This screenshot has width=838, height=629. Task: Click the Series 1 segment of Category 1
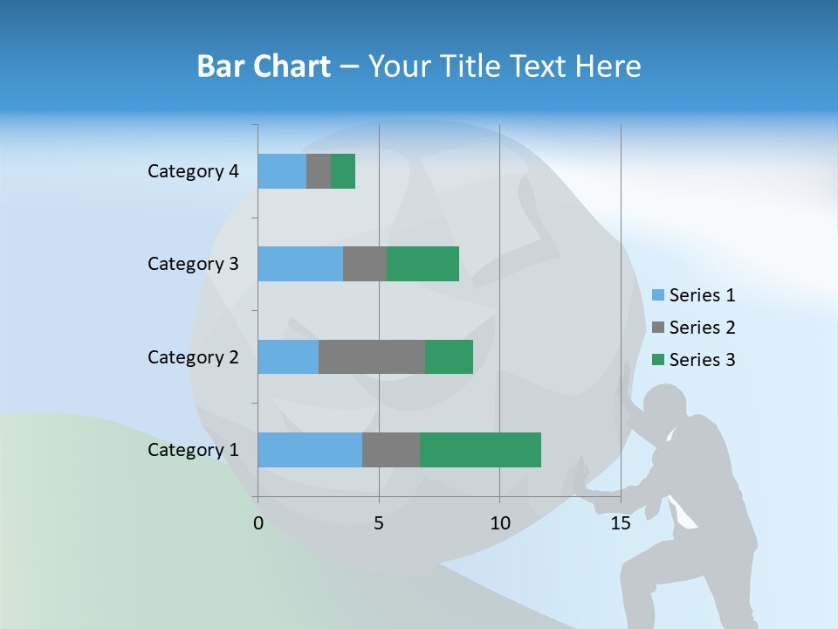pos(310,450)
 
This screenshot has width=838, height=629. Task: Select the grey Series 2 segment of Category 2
pos(372,356)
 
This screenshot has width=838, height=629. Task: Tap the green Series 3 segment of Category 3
pos(422,264)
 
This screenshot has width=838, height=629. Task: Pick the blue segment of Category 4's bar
pos(282,171)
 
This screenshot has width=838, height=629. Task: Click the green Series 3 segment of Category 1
pos(480,450)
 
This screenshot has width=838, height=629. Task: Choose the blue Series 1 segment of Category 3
pos(300,264)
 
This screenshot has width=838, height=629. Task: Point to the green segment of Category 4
pos(343,171)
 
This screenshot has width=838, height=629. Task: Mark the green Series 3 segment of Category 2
pos(449,356)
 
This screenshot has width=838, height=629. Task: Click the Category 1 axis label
pos(193,450)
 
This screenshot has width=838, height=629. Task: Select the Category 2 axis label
pos(193,356)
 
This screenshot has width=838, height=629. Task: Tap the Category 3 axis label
pos(193,264)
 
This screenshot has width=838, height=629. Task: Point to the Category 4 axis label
pos(193,171)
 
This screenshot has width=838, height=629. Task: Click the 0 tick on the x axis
pos(258,523)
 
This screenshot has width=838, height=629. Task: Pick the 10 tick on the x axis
pos(499,523)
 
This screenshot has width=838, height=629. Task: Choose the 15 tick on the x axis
pos(621,523)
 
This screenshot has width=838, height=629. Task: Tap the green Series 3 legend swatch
pos(658,360)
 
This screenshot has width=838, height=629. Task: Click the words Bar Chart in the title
pos(264,66)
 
